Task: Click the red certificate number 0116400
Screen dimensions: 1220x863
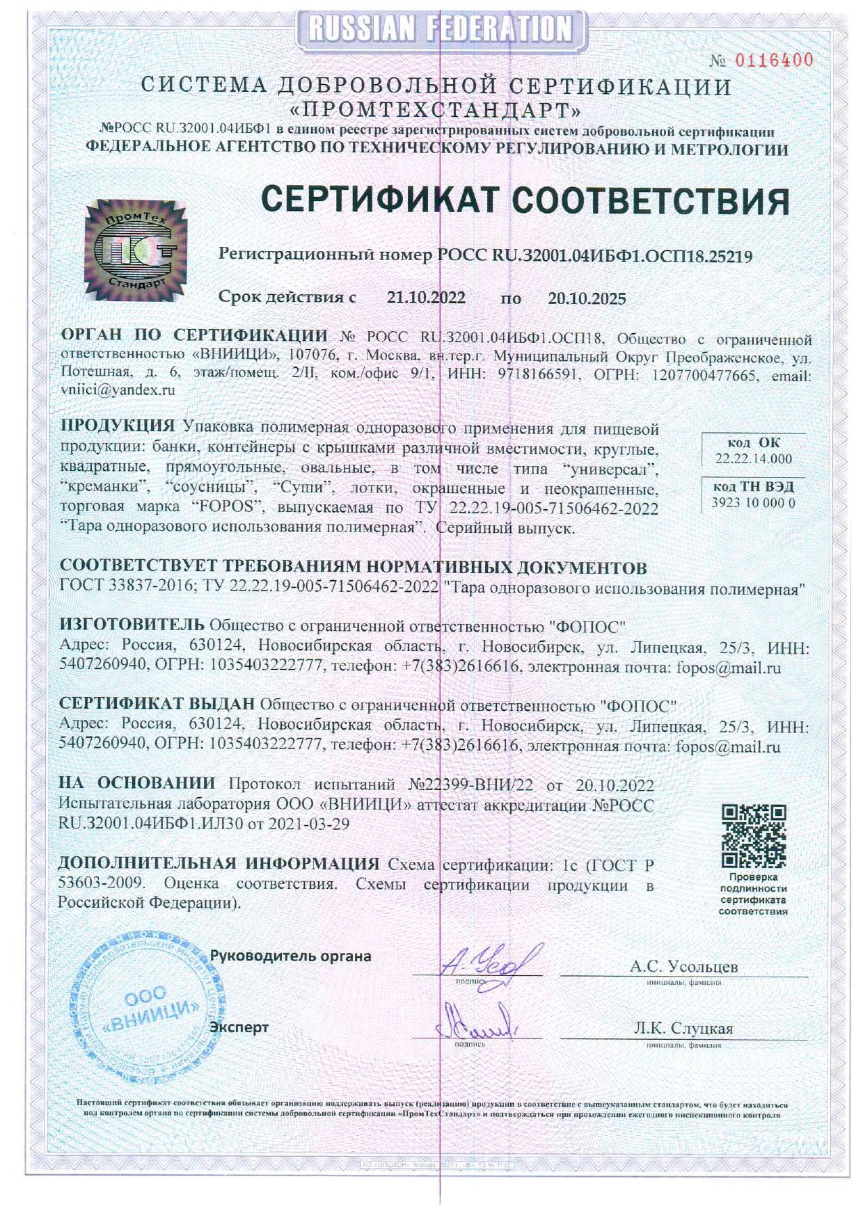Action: pos(773,61)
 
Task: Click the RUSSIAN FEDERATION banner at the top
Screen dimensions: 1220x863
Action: pos(441,29)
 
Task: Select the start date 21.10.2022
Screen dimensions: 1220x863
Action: pos(426,298)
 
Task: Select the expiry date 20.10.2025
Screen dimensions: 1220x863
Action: pos(587,298)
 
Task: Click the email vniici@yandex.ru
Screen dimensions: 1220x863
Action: pos(118,390)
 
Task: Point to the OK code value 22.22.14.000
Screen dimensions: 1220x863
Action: pos(753,458)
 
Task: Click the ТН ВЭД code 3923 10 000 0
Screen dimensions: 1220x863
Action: pos(753,502)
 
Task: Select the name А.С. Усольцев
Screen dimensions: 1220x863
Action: pos(683,966)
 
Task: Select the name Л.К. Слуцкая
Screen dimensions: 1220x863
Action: pos(683,1028)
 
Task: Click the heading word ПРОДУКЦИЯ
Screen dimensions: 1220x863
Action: pos(118,426)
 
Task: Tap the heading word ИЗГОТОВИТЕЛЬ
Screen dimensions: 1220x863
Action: pos(132,625)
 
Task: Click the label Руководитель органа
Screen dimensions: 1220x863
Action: pos(290,956)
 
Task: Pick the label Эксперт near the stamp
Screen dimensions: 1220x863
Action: pos(239,1027)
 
